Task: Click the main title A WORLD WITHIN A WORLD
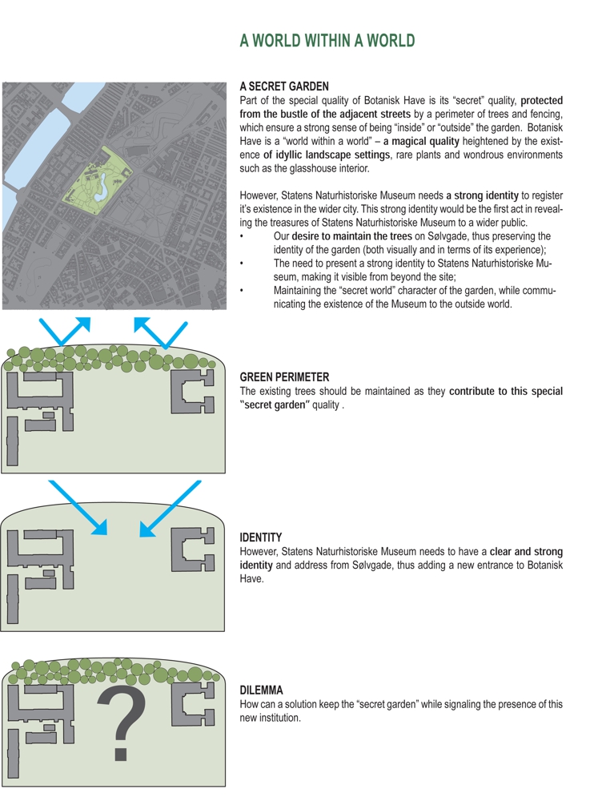pos(327,41)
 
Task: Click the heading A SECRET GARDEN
pos(284,87)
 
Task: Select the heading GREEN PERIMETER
pos(284,377)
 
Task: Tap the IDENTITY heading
pos(261,537)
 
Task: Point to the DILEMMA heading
pos(262,690)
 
